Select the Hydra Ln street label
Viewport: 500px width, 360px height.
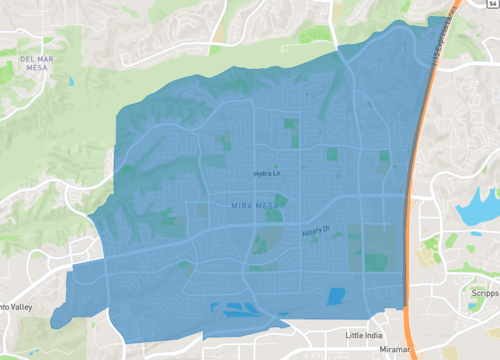pos(267,174)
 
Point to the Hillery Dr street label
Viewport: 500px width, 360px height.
pos(315,233)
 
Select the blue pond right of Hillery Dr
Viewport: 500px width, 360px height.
pos(336,296)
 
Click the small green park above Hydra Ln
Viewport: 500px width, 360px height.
pos(291,125)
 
